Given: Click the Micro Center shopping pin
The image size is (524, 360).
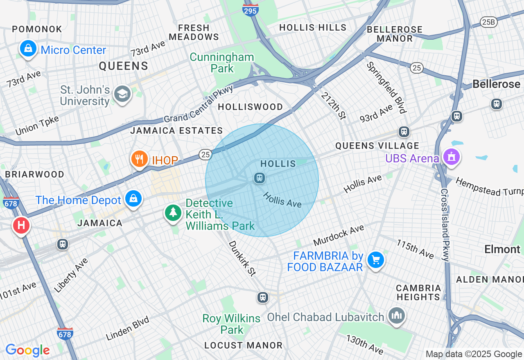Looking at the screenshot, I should click(x=28, y=49).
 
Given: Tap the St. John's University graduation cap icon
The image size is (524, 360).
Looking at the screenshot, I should click(x=122, y=94).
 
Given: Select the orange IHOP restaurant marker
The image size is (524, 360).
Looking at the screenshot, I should click(x=140, y=159).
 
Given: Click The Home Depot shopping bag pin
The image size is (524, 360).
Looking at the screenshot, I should click(x=133, y=199).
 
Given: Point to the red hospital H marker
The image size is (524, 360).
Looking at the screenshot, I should click(x=21, y=225).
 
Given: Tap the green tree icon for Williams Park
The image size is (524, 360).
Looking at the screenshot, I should click(x=173, y=212).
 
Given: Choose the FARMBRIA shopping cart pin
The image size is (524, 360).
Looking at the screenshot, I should click(x=375, y=260).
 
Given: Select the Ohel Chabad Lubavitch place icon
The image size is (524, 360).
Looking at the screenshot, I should click(x=397, y=315).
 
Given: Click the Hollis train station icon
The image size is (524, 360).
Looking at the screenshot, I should click(x=259, y=178).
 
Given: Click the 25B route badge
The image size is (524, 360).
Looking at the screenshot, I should click(x=488, y=22).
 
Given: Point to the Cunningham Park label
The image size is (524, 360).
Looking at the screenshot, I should click(x=222, y=63).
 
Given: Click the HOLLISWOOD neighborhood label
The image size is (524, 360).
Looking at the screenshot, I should click(x=250, y=107).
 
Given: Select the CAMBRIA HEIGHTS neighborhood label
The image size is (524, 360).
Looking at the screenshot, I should click(x=418, y=292).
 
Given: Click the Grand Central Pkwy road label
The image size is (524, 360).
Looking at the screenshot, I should click(x=199, y=104).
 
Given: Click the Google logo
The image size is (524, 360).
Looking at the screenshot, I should click(x=27, y=350).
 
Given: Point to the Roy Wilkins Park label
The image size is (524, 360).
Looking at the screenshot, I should click(x=232, y=324).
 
